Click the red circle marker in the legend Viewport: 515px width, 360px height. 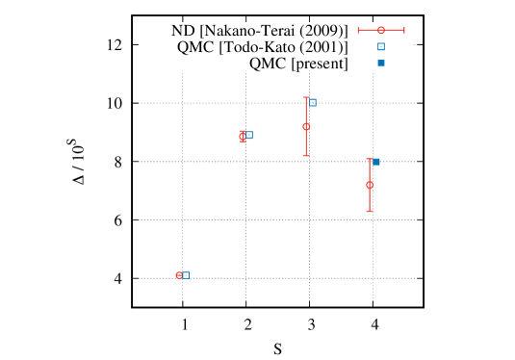tap(381, 30)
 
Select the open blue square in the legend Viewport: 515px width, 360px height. tap(381, 46)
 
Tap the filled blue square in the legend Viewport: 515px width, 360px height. tap(381, 63)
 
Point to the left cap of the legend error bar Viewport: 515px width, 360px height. tap(358, 30)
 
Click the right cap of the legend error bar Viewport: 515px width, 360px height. tap(404, 30)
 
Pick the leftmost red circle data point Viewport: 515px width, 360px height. tap(179, 275)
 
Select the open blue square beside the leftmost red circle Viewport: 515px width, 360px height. tap(186, 274)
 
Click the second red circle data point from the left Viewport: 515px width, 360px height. tap(243, 136)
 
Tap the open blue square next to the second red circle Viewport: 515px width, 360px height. tap(249, 135)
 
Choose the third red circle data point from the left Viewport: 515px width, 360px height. tap(306, 126)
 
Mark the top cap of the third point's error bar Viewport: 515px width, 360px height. tap(306, 97)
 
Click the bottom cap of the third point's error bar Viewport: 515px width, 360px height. tap(306, 155)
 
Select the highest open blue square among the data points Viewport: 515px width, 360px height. tap(313, 102)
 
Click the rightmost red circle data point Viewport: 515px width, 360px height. tap(370, 185)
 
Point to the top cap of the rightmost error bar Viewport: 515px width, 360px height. tap(370, 160)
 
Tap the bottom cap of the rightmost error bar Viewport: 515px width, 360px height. tap(370, 211)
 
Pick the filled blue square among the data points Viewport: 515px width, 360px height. tap(376, 162)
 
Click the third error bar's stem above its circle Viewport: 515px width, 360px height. tap(306, 111)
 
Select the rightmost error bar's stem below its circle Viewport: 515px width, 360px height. tap(370, 199)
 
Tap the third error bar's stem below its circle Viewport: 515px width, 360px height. tap(306, 142)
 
